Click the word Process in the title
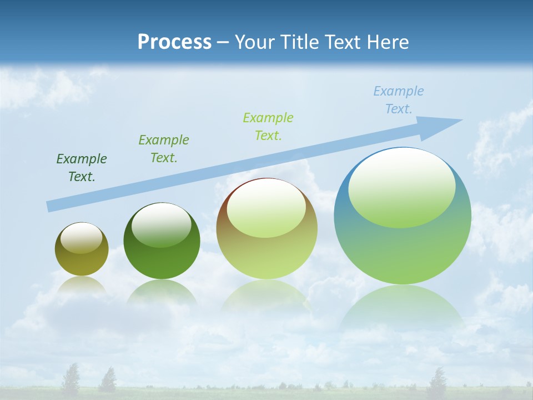click(x=174, y=42)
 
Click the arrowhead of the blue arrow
click(x=444, y=126)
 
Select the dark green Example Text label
click(x=82, y=168)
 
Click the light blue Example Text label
click(x=399, y=100)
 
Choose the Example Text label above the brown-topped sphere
click(x=268, y=127)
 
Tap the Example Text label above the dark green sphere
click(x=164, y=149)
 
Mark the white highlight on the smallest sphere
click(x=81, y=238)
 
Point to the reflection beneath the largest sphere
click(x=403, y=308)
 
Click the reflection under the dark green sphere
click(x=162, y=292)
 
